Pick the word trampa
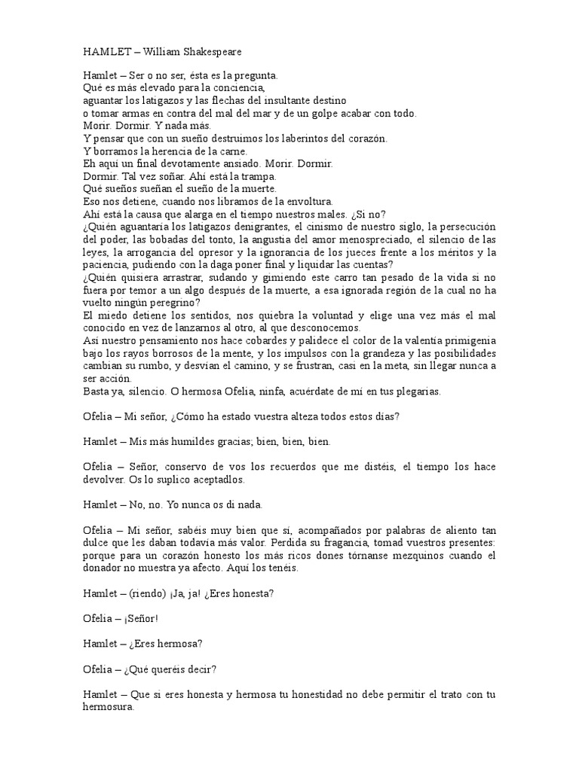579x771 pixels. (x=258, y=176)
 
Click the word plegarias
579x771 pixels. (x=415, y=392)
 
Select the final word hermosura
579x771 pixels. (x=108, y=707)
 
